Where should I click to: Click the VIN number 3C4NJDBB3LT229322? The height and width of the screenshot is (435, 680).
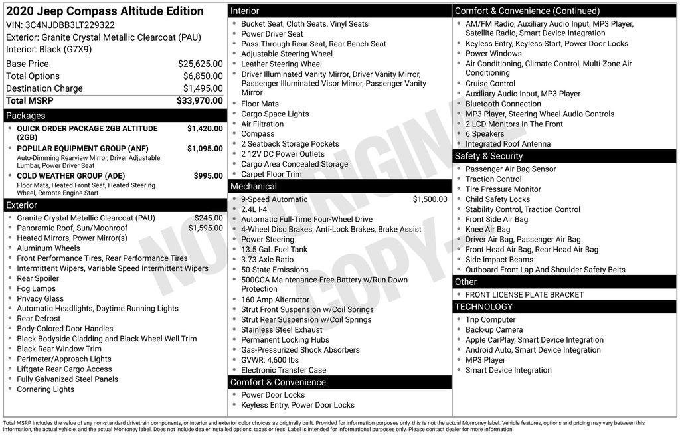(70, 25)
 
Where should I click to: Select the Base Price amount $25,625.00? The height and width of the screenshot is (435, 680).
(200, 64)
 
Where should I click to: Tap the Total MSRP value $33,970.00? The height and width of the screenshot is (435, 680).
(199, 100)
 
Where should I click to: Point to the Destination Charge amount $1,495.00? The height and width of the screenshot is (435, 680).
(203, 88)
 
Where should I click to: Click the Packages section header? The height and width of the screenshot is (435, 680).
(26, 116)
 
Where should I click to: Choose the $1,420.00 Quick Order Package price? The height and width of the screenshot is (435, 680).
(205, 129)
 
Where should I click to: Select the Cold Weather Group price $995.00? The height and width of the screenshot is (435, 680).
(209, 176)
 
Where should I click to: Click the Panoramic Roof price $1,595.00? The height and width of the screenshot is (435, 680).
(205, 228)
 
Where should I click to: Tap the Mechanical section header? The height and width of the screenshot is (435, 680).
(253, 186)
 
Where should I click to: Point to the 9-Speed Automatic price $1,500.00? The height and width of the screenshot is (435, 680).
(430, 199)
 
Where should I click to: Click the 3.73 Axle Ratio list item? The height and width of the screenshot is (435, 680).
(267, 260)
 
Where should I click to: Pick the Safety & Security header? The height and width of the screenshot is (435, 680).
(489, 156)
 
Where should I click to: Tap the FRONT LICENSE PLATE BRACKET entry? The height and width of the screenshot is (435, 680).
(525, 295)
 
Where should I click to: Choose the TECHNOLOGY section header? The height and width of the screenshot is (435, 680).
(483, 307)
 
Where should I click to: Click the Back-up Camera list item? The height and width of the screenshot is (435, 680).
(494, 330)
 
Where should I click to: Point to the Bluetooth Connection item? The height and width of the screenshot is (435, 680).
(503, 104)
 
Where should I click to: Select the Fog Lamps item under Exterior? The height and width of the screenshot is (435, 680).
(37, 289)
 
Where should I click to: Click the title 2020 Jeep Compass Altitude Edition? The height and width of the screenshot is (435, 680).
(105, 11)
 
